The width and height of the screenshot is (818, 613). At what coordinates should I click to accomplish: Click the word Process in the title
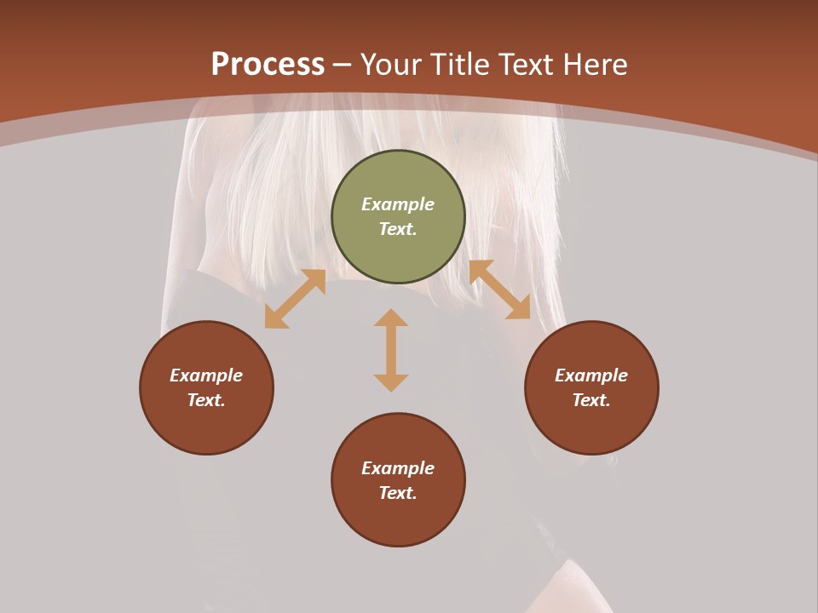268,65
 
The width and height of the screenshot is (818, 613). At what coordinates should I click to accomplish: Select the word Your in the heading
393,65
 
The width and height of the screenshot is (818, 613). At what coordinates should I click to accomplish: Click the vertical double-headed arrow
391,350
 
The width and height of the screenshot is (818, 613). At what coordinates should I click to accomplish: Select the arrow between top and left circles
295,299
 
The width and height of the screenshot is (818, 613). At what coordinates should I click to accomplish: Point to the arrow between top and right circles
499,289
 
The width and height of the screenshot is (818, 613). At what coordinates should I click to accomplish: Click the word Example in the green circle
398,204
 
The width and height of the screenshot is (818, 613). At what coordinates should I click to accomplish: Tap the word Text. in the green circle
398,229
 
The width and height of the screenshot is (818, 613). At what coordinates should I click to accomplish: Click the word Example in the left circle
206,375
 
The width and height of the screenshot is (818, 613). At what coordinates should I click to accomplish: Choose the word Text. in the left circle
206,400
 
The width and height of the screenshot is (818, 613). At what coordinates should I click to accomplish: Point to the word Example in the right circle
591,375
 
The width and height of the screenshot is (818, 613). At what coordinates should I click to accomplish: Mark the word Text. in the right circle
591,400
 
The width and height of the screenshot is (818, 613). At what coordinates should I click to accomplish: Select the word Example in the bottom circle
398,468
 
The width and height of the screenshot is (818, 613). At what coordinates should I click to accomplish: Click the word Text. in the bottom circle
398,493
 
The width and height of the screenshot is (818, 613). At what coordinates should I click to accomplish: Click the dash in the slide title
343,66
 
